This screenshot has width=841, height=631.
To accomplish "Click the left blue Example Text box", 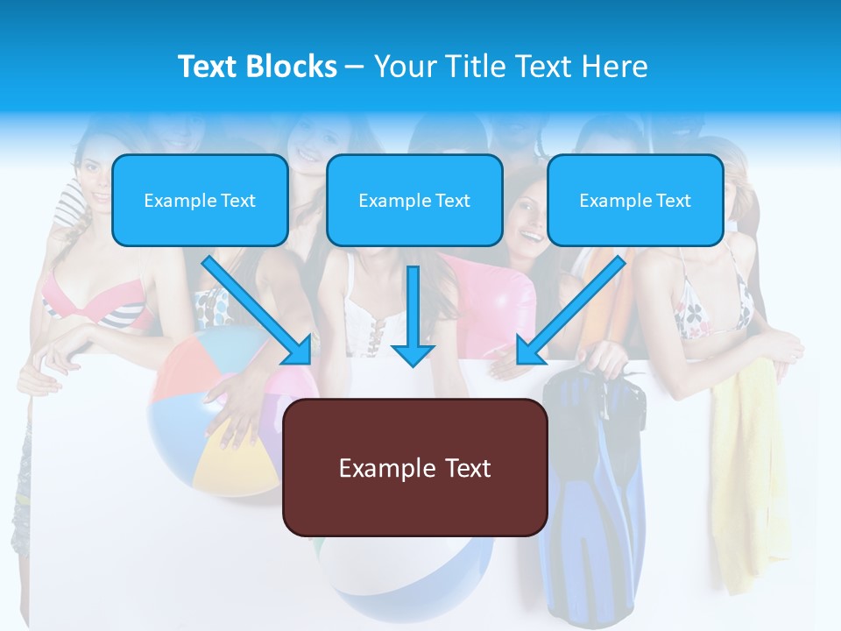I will (200, 200).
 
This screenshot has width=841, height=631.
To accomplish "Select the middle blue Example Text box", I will (414, 200).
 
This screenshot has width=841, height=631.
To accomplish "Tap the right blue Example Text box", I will (635, 200).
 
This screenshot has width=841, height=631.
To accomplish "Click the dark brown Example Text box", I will (414, 467).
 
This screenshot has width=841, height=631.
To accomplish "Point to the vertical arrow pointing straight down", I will (413, 315).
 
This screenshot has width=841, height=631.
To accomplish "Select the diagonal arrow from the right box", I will (570, 311).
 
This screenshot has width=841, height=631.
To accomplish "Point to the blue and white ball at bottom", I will (403, 570).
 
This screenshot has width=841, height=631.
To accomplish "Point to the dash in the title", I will (355, 67).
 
